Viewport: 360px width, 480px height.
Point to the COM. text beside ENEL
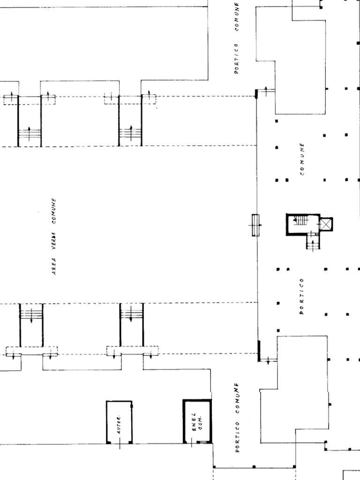tap(201, 421)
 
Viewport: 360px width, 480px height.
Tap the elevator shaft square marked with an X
tap(326, 225)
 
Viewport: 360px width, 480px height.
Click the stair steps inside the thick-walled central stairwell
tap(302, 220)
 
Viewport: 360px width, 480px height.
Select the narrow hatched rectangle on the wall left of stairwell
tap(255, 225)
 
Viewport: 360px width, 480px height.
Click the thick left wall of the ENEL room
tap(184, 422)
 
